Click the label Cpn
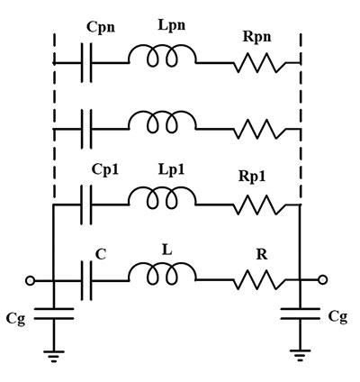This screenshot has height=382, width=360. (101, 27)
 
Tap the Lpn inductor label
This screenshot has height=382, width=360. (172, 25)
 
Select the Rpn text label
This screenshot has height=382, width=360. (257, 37)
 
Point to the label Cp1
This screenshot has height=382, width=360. (105, 169)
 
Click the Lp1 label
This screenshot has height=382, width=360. (171, 169)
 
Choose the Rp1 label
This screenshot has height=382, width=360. (252, 176)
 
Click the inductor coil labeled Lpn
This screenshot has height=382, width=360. (162, 56)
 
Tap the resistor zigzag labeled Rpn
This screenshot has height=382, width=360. (260, 63)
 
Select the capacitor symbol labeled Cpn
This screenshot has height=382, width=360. (86, 63)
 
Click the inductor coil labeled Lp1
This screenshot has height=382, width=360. (162, 197)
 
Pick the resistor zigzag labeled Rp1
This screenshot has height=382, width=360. (260, 205)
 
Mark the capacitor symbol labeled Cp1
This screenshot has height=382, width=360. (86, 205)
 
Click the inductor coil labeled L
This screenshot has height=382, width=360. (162, 273)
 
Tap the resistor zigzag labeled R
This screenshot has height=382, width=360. (260, 280)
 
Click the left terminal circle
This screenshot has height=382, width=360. (30, 281)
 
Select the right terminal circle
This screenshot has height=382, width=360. (323, 280)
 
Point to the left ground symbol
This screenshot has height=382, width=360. (54, 356)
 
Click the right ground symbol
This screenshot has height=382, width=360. (300, 355)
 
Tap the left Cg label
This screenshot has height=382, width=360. (15, 319)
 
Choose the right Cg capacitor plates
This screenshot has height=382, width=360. (300, 314)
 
